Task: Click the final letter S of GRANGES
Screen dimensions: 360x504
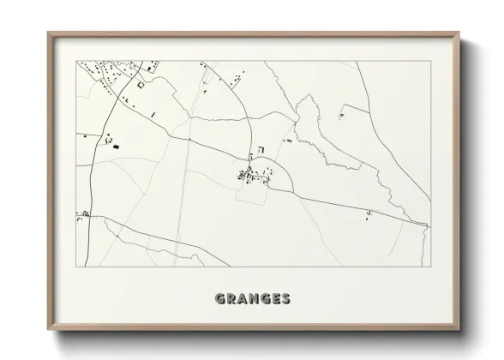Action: pyautogui.click(x=286, y=299)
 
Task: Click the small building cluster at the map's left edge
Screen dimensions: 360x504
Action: pyautogui.click(x=84, y=213)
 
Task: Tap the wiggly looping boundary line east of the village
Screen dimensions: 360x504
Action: pyautogui.click(x=317, y=137)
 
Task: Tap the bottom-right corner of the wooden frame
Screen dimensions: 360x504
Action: pyautogui.click(x=459, y=327)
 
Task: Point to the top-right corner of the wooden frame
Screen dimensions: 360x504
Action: pyautogui.click(x=459, y=34)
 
